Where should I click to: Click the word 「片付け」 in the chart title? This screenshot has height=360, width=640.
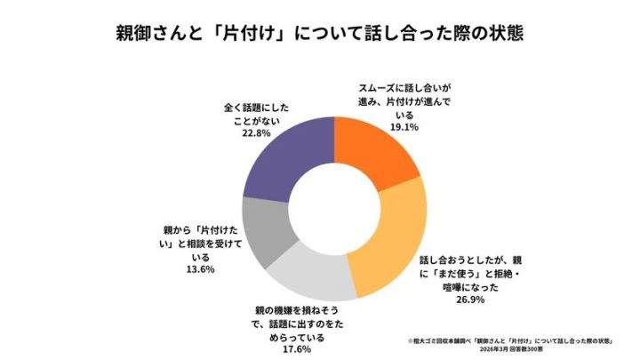coord(254,35)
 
